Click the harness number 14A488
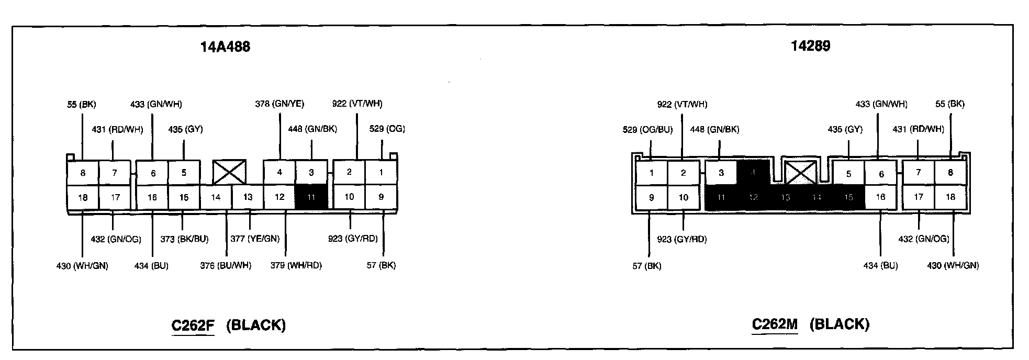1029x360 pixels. click(x=225, y=47)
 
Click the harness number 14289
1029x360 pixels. click(x=810, y=46)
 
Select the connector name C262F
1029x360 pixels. click(x=193, y=325)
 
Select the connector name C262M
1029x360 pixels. click(x=775, y=324)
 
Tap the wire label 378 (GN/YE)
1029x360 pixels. click(x=279, y=104)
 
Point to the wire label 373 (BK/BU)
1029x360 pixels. click(x=184, y=239)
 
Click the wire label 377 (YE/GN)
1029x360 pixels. click(x=255, y=239)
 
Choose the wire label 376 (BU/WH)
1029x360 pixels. click(x=226, y=266)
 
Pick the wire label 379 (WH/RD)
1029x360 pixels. click(x=296, y=266)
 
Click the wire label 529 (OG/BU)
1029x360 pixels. click(x=647, y=130)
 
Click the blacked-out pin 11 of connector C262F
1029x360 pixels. click(x=311, y=197)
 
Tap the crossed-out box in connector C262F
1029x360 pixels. click(x=229, y=172)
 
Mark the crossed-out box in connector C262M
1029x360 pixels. click(x=801, y=172)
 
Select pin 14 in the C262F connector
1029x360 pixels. click(x=216, y=197)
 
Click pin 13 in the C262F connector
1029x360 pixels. click(x=248, y=197)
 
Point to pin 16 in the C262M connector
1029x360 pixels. click(x=880, y=197)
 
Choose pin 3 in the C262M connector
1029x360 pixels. click(x=721, y=173)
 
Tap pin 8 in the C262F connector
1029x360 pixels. click(x=83, y=173)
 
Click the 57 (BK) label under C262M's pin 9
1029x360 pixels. click(x=647, y=266)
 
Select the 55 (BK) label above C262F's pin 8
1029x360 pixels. click(x=82, y=105)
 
